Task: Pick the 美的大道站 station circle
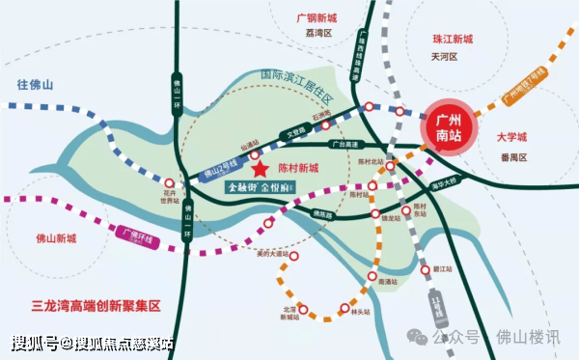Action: [x=295, y=258]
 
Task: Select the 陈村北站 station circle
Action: [x=390, y=166]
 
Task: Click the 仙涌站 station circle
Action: [x=255, y=153]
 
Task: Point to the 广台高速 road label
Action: [x=344, y=145]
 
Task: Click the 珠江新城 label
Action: [x=453, y=40]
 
